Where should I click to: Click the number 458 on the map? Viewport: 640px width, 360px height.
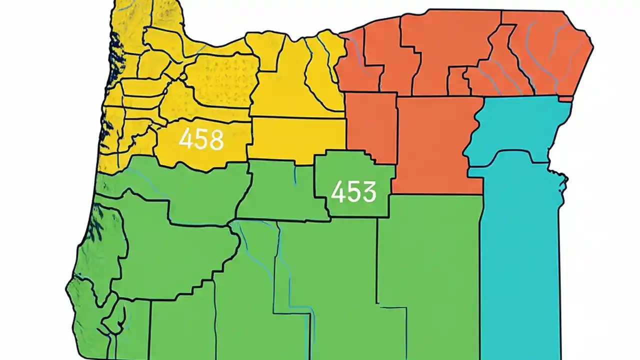point(201,140)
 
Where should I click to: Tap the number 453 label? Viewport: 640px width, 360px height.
point(353,192)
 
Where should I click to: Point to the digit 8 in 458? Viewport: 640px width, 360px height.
point(215,140)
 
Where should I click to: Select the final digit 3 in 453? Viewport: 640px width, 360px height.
point(368,192)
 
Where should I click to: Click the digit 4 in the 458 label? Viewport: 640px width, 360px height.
point(186,140)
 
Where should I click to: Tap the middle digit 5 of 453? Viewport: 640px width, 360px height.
point(353,192)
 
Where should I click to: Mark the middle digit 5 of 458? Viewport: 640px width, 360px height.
point(201,140)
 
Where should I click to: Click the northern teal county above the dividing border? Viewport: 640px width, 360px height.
point(520,127)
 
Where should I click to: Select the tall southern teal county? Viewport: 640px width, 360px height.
point(520,260)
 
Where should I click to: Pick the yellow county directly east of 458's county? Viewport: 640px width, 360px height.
point(297,140)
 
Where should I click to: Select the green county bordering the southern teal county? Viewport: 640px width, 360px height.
point(430,265)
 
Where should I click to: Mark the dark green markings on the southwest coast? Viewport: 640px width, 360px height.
point(95,225)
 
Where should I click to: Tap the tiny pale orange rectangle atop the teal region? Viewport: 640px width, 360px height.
point(565,99)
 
